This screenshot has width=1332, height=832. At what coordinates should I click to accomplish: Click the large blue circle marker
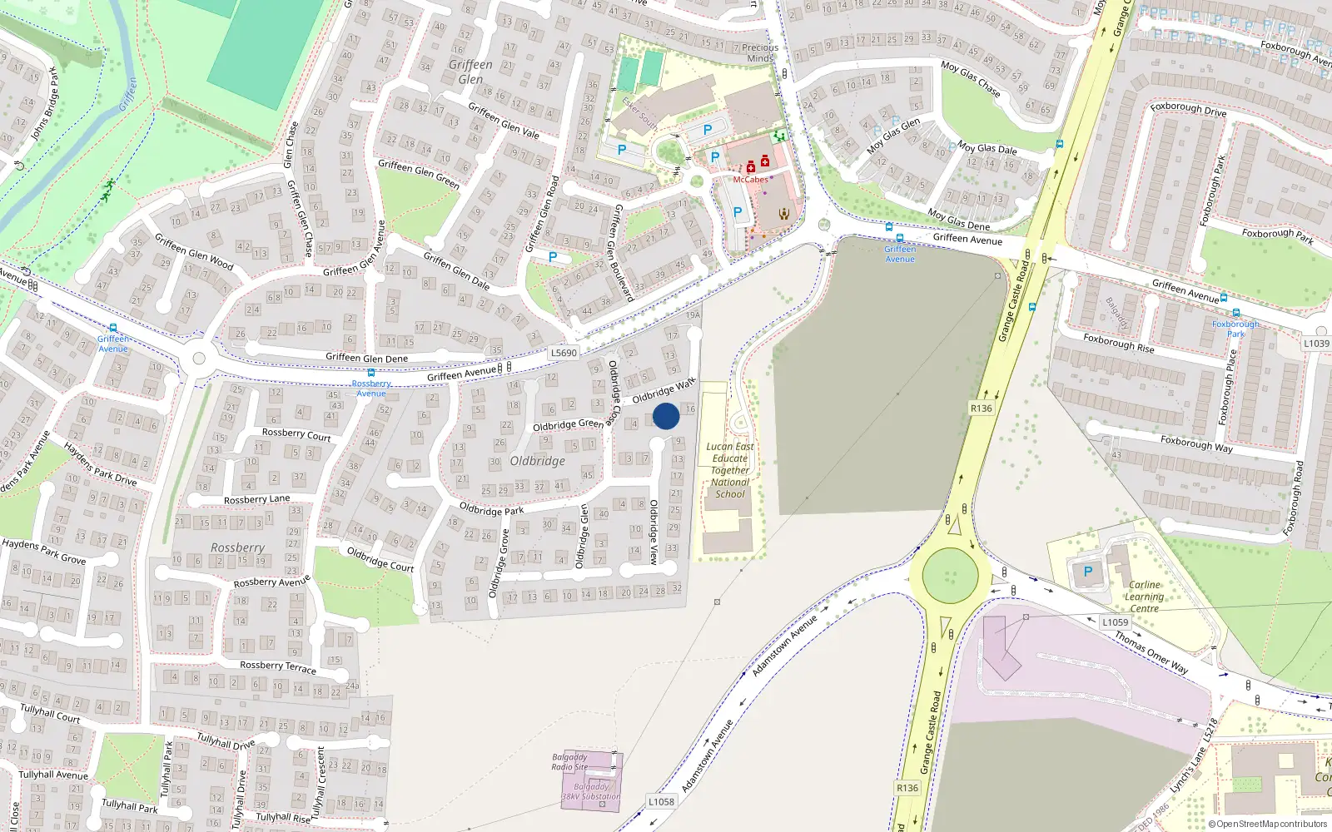666,416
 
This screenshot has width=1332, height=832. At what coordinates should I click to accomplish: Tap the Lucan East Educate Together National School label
730,470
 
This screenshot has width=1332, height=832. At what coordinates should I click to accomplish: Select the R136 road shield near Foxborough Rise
982,408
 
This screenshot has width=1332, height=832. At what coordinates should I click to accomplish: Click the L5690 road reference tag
564,353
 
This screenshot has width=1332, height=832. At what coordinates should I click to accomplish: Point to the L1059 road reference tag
1115,622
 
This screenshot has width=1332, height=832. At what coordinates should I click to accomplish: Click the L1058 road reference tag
661,801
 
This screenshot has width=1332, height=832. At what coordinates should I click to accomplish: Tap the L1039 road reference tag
1316,343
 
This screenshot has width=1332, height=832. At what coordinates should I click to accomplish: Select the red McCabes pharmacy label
750,180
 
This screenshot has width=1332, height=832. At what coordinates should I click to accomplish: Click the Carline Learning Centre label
1144,597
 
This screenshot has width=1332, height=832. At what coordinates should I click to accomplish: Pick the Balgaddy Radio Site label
569,762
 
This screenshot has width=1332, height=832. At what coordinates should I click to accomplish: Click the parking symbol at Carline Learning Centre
1087,572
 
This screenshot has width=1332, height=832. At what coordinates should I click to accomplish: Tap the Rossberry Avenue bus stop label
371,389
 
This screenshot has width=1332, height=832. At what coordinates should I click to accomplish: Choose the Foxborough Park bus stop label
1235,329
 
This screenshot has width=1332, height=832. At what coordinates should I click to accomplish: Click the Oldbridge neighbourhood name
537,461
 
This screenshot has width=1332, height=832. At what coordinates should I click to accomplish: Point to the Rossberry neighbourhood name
238,547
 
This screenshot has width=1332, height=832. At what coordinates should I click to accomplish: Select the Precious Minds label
759,52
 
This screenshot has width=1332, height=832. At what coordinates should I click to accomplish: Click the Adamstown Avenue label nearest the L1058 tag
707,756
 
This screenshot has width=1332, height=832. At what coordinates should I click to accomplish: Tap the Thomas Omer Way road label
1151,651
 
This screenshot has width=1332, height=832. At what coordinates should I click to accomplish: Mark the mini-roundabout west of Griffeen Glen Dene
198,359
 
